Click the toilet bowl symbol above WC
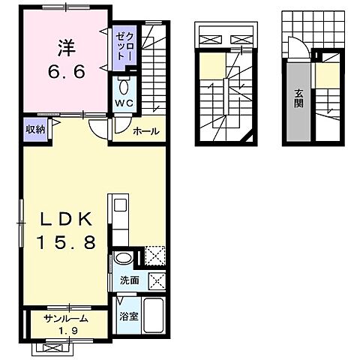tap(125, 85)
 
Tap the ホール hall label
tap(145, 131)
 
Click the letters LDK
tap(65, 218)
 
